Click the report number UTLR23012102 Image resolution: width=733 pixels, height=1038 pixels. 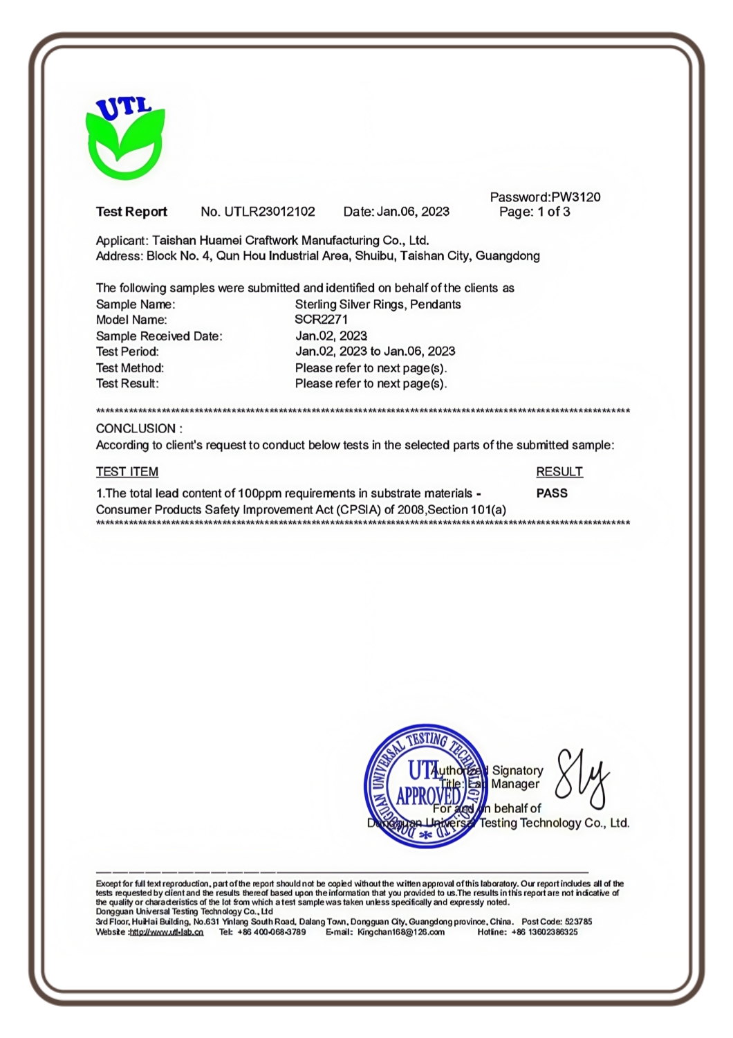coord(270,212)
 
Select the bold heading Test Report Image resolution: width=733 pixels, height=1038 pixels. coord(131,212)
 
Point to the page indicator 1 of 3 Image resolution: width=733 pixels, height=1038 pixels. coord(554,212)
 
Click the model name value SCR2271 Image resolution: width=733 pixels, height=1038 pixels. coord(321,320)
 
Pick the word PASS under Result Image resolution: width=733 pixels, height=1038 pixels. coord(552,493)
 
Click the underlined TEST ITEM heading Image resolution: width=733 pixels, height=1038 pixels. coord(127,472)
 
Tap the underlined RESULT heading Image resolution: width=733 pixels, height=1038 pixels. coord(559,472)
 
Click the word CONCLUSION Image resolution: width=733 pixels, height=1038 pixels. coord(136,429)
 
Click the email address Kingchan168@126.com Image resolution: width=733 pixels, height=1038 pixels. coord(401,932)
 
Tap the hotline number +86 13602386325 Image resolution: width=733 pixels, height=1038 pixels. coord(544,932)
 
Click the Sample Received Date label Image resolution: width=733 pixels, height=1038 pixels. coord(159,336)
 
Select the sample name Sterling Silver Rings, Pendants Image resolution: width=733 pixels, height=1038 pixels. coord(378,304)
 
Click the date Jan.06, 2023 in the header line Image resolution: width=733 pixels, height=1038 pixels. coord(413,212)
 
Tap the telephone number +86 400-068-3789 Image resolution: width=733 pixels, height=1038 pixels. coord(271,932)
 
